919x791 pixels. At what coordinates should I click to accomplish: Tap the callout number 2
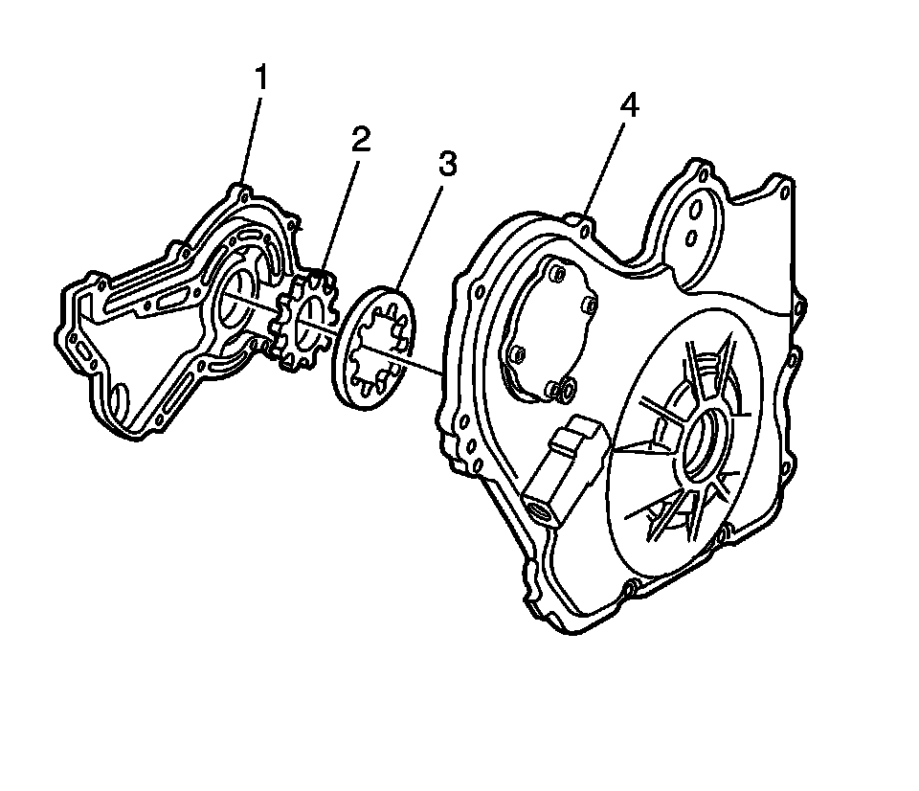coord(360,142)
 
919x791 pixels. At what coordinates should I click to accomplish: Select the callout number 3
coord(447,165)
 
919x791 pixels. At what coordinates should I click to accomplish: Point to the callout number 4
coord(628,107)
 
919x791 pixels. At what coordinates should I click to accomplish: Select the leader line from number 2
coord(342,211)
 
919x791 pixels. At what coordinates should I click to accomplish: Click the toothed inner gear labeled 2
coord(304,322)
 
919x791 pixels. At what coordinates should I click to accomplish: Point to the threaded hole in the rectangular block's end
coord(540,508)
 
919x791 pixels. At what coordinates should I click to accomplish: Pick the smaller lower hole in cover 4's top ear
coord(690,237)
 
